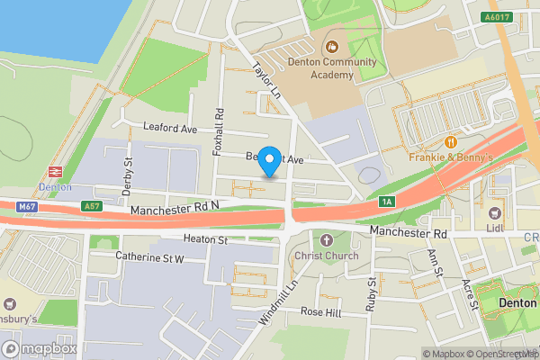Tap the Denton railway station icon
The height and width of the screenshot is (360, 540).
click(x=54, y=170)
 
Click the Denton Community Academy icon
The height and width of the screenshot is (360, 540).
click(x=330, y=46)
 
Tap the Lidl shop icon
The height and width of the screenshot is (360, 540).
click(x=494, y=213)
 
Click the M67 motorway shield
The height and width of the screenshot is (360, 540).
click(x=26, y=207)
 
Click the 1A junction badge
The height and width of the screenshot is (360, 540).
click(x=387, y=201)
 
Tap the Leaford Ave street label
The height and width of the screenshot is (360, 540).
click(x=170, y=129)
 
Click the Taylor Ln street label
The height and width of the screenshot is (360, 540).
click(x=267, y=82)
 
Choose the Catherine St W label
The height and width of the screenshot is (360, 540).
click(x=149, y=257)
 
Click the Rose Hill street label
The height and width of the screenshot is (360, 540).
click(x=321, y=311)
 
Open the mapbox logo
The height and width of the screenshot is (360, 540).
click(x=40, y=347)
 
